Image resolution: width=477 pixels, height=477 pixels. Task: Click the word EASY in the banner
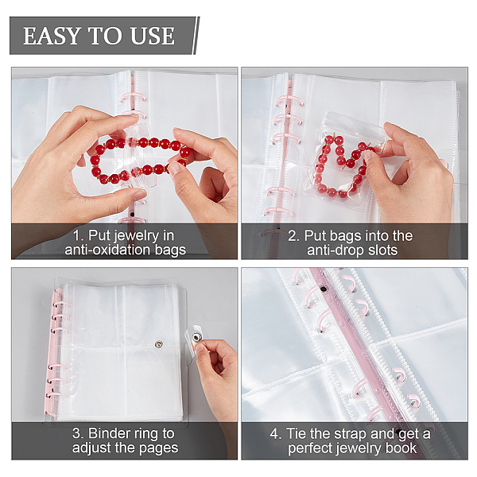click(52, 36)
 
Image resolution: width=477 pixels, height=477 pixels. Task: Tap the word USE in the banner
click(153, 36)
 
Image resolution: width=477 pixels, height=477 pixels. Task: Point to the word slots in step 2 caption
click(382, 250)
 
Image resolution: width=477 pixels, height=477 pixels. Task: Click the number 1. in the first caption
click(78, 236)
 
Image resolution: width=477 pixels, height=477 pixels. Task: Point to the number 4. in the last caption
click(276, 433)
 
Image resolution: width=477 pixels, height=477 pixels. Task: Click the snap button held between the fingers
click(197, 337)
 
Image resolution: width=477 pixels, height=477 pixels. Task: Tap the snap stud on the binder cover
click(158, 344)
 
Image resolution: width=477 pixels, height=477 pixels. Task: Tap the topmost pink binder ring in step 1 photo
click(134, 97)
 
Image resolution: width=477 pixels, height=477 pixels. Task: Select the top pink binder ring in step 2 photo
click(289, 100)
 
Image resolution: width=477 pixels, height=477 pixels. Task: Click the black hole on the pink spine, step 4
click(324, 288)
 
